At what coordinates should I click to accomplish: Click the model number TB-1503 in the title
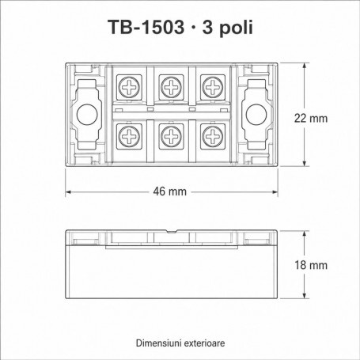point(146,28)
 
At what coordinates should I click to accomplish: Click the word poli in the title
point(236,28)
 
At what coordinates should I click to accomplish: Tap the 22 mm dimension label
point(311,119)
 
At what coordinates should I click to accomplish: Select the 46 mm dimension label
point(170,191)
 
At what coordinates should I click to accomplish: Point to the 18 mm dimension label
point(311,265)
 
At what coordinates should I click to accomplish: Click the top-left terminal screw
point(129,87)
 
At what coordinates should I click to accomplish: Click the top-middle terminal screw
point(171,87)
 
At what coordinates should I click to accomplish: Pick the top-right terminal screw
point(213,87)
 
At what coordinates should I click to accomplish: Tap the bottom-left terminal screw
point(129,136)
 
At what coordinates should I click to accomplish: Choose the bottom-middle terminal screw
point(171,136)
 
